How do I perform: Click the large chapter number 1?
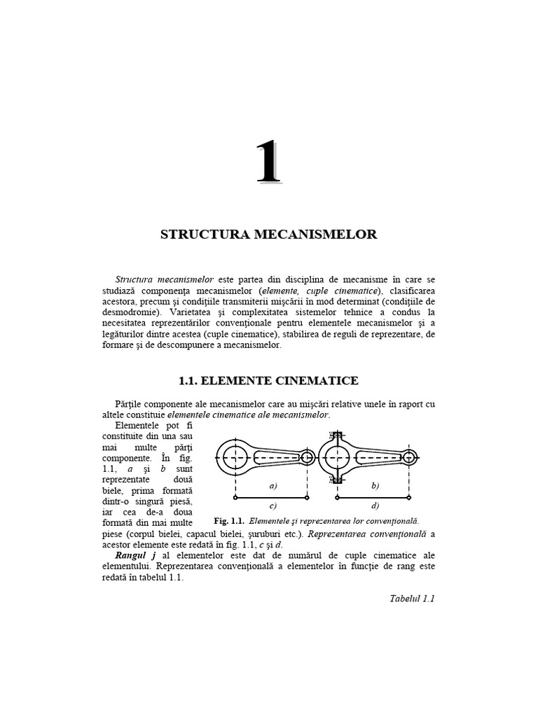tap(268, 163)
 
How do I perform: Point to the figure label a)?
tap(273, 485)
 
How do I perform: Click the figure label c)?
tap(273, 505)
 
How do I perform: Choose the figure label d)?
tap(375, 505)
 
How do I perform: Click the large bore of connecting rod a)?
tap(236, 457)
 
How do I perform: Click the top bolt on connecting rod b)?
tap(336, 436)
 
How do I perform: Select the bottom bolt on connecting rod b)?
tap(336, 479)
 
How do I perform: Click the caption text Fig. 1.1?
tap(229, 522)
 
